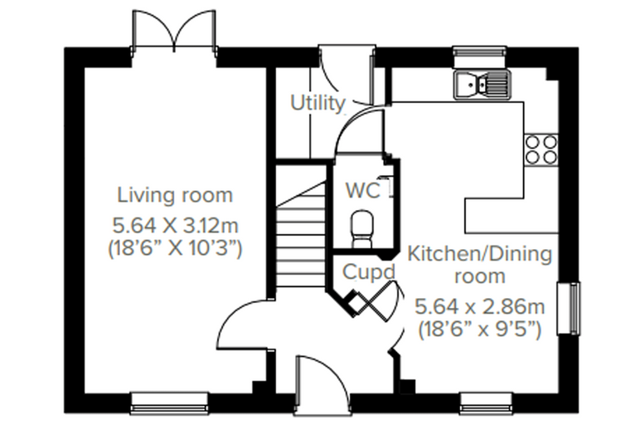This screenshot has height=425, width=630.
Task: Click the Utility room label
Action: click(317, 103)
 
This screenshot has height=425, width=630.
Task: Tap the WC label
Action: click(363, 190)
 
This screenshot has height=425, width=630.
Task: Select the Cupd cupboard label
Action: click(369, 272)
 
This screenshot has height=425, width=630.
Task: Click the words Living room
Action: click(175, 195)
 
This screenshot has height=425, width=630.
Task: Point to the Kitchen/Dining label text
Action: click(480, 254)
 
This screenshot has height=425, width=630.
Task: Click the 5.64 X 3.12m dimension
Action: click(175, 226)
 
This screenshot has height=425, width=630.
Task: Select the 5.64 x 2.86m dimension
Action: click(480, 306)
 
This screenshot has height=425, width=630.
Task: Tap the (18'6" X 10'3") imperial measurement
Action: click(175, 248)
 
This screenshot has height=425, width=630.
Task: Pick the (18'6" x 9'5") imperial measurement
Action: click(480, 330)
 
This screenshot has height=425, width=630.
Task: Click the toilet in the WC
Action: click(362, 228)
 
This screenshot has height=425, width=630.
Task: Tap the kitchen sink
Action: click(482, 84)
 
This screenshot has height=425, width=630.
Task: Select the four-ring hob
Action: click(541, 149)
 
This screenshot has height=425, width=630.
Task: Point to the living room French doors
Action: click(174, 32)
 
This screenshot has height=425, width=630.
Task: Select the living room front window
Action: click(170, 403)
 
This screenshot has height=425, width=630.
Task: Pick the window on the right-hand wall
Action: click(569, 308)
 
